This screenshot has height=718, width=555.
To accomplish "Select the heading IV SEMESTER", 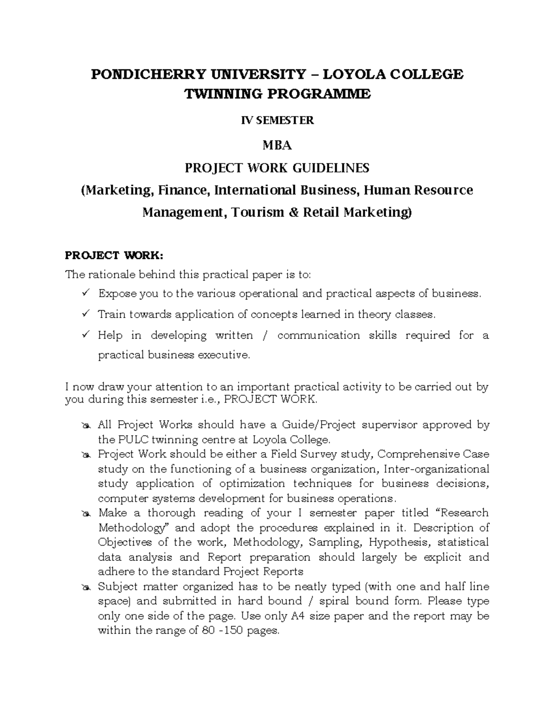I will point(277,121).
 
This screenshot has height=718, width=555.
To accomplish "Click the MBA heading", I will point(277,146).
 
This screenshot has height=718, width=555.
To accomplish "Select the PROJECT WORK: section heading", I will point(114,255).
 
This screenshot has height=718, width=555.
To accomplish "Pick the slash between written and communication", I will point(265,335).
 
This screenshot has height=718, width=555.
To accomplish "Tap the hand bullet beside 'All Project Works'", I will point(86,425).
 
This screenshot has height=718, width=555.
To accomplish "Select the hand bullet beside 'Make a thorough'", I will point(86,514).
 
